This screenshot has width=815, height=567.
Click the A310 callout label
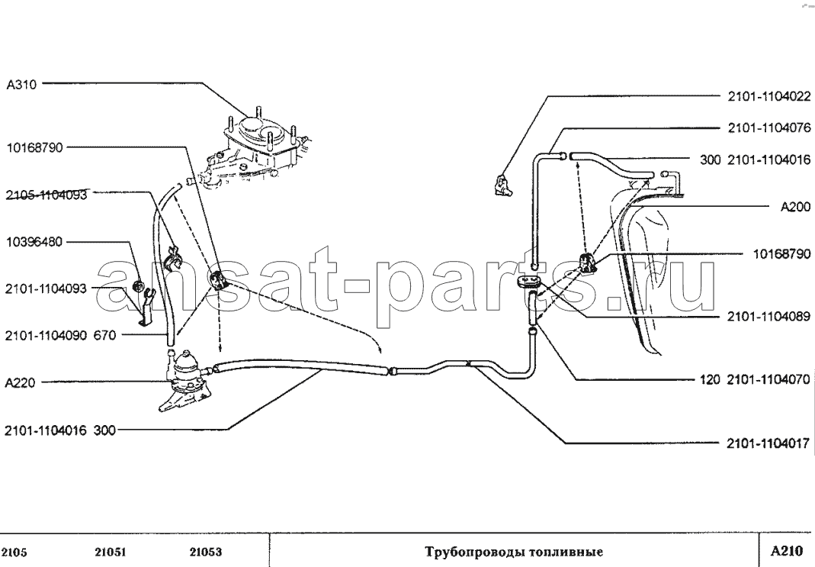[21, 85]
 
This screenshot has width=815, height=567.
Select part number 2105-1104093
[47, 195]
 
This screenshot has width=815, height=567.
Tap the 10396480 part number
[34, 243]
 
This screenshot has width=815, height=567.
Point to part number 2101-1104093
[46, 288]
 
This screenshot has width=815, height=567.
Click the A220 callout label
[20, 383]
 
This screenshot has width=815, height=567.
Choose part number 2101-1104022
[769, 97]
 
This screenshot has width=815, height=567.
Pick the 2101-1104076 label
[769, 128]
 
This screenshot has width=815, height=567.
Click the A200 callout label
[795, 207]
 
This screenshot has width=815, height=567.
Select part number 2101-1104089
[769, 317]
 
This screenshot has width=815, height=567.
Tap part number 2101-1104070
[768, 380]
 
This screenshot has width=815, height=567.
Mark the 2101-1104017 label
[768, 443]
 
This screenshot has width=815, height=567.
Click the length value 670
[104, 336]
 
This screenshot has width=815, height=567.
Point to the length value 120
[710, 380]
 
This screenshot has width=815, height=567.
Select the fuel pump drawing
[186, 381]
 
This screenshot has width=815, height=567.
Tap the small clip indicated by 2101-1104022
[502, 185]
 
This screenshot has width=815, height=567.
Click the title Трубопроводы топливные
[514, 552]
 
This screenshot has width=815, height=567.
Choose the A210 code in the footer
[787, 551]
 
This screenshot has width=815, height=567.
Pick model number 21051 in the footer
[111, 553]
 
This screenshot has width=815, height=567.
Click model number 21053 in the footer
[205, 553]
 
